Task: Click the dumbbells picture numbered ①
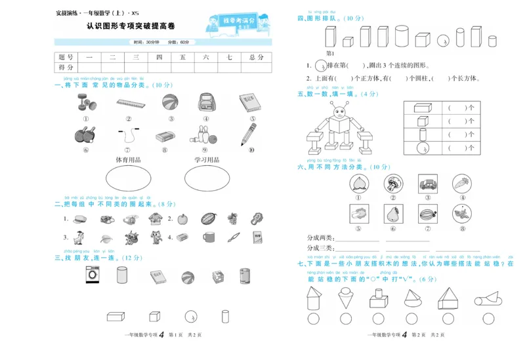pyautogui.click(x=86, y=103)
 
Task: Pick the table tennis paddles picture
pyautogui.click(x=86, y=134)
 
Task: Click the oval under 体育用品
pyautogui.click(x=128, y=177)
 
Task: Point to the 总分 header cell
pyautogui.click(x=256, y=58)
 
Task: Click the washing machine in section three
pyautogui.click(x=92, y=276)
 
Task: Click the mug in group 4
pyautogui.click(x=209, y=237)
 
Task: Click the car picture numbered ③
pyautogui.click(x=428, y=184)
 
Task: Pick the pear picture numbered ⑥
pyautogui.click(x=393, y=214)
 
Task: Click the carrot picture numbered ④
pyautogui.click(x=462, y=184)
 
